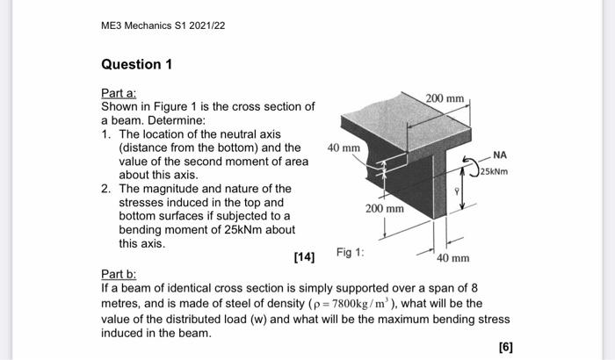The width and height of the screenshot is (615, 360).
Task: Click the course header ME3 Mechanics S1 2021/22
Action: coord(163,25)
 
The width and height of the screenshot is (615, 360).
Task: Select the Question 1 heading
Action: coord(132,65)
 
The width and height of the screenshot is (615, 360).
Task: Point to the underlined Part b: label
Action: coord(119,273)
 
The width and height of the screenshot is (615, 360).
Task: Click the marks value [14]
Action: coord(304,256)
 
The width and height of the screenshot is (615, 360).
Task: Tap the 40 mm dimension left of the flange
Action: coord(344,148)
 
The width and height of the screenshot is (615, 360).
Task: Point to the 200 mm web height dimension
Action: coord(384,209)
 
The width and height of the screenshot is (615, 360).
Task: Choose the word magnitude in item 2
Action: coord(171,188)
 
